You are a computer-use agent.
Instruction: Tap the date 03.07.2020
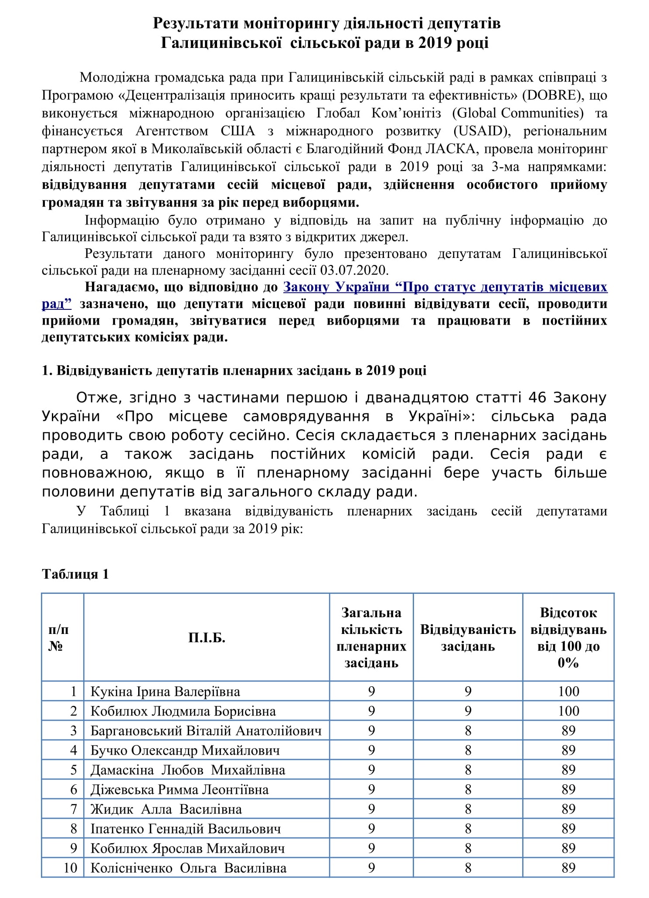pos(353,270)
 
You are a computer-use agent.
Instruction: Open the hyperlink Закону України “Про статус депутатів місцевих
pos(445,287)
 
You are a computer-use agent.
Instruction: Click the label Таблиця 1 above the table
pos(75,574)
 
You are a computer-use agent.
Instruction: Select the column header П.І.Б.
pos(207,638)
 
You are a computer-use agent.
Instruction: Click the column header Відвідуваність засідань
pos(468,638)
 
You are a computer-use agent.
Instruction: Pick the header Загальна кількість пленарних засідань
pos(371,638)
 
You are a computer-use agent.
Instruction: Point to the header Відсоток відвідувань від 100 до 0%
pos(568,638)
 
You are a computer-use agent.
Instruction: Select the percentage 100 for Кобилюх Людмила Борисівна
pos(568,711)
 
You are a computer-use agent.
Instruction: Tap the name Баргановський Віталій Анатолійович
pos(206,731)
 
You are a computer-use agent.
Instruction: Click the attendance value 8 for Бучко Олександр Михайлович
pos(468,750)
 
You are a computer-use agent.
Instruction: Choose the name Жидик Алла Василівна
pos(166,809)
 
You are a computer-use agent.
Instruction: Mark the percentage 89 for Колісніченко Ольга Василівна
pos(568,868)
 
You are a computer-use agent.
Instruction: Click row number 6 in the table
pos(74,790)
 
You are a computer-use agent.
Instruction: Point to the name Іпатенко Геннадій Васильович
pos(186,829)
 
